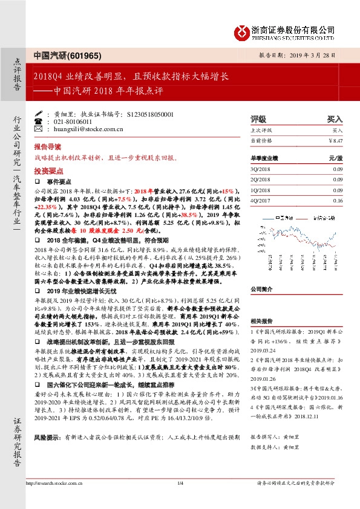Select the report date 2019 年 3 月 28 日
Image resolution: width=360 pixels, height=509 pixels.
(x=317, y=54)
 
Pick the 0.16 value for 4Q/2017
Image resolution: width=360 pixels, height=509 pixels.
(x=337, y=200)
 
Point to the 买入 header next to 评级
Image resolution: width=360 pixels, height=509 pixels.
(x=335, y=119)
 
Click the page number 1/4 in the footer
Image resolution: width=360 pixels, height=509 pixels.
(x=180, y=483)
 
